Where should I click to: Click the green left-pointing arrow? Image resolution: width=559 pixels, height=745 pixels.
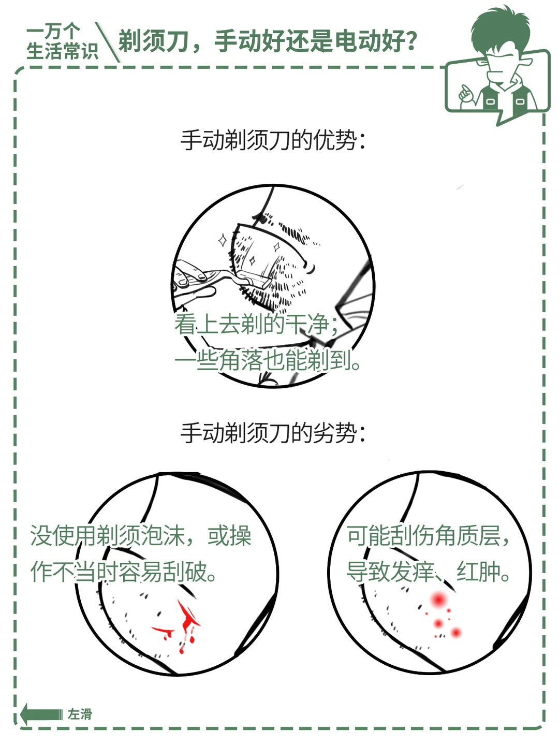coord(41,714)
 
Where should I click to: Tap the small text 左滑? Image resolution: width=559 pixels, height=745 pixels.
coord(80,714)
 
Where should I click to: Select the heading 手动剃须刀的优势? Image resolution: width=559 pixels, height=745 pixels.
coord(273,140)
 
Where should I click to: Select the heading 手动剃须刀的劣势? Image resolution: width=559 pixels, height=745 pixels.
coord(273,433)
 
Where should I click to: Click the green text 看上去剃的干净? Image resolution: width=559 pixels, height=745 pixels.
coord(256,324)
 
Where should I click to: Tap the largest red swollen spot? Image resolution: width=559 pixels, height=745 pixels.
coord(438,600)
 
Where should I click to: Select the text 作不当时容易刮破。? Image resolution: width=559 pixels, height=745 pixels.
coord(124,571)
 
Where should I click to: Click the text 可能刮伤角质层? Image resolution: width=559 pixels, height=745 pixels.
coord(428,536)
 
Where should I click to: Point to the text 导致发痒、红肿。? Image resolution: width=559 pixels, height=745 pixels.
coord(428,571)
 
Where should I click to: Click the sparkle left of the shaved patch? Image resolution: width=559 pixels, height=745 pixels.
coord(223,240)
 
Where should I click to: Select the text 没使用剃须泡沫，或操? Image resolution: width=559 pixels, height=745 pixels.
coord(141,536)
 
